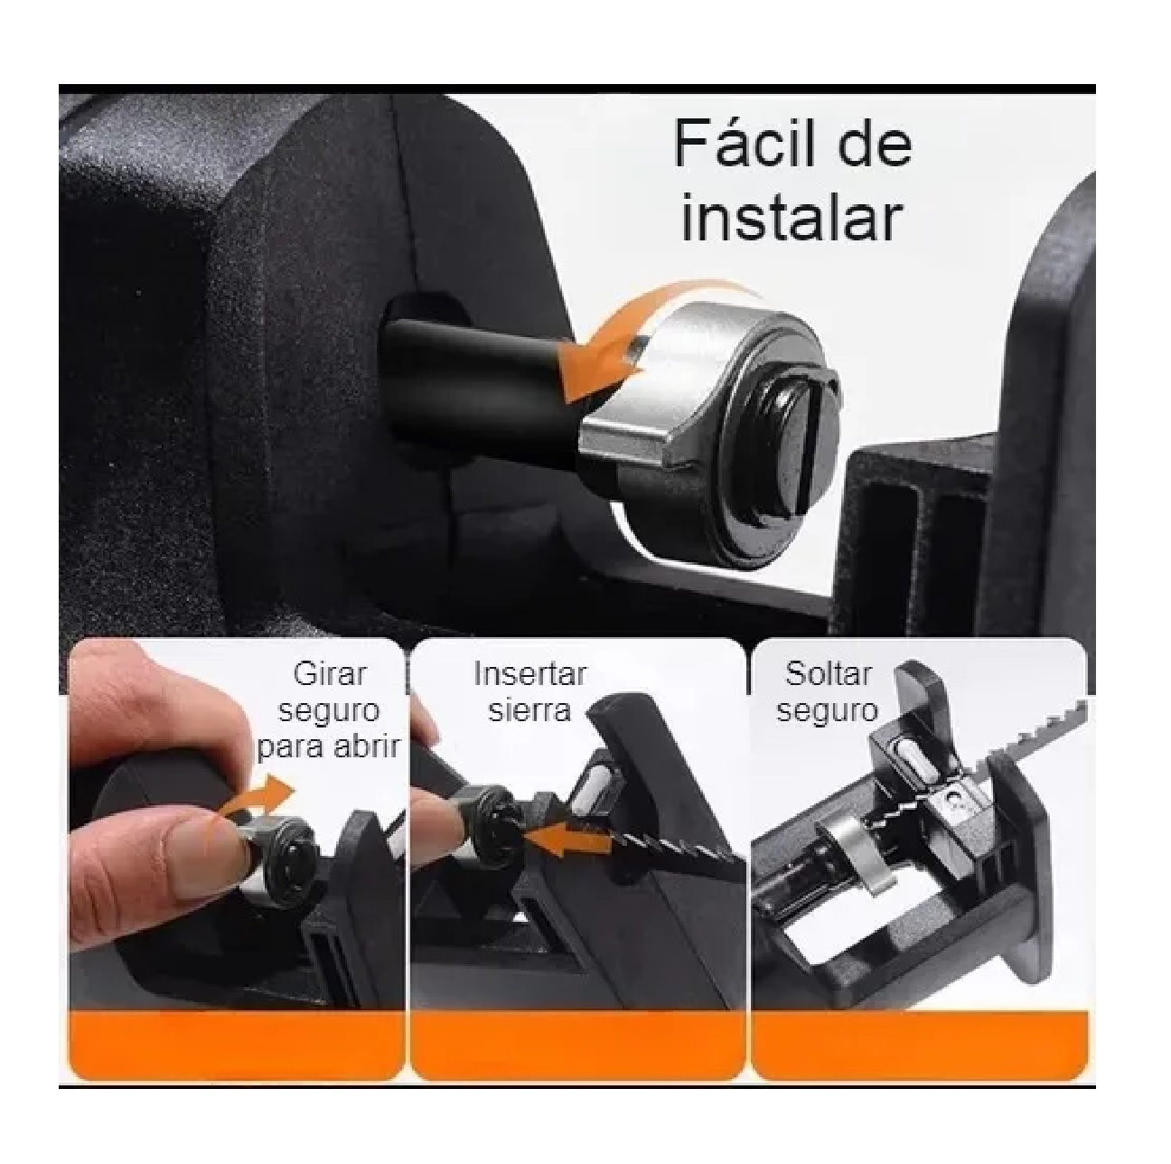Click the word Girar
point(331,674)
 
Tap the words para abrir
point(329,747)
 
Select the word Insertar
point(529,674)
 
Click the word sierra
point(529,710)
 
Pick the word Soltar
point(828,674)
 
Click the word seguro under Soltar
point(828,710)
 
